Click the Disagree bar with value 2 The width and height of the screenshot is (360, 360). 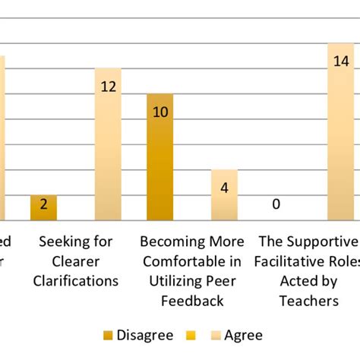pyautogui.click(x=44, y=208)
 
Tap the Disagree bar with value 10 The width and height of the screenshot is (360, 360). pyautogui.click(x=159, y=157)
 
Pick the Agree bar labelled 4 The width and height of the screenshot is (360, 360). pyautogui.click(x=224, y=195)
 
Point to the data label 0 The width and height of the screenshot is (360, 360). pyautogui.click(x=276, y=204)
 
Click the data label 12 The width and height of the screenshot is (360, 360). pyautogui.click(x=108, y=87)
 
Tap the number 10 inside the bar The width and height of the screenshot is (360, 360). pyautogui.click(x=159, y=112)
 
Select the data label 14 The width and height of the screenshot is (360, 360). pyautogui.click(x=341, y=62)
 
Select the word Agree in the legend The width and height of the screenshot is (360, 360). pyautogui.click(x=243, y=335)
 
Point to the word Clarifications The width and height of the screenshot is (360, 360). pyautogui.click(x=79, y=281)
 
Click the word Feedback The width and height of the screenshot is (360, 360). pyautogui.click(x=192, y=301)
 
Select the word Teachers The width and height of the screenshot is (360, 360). pyautogui.click(x=308, y=301)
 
